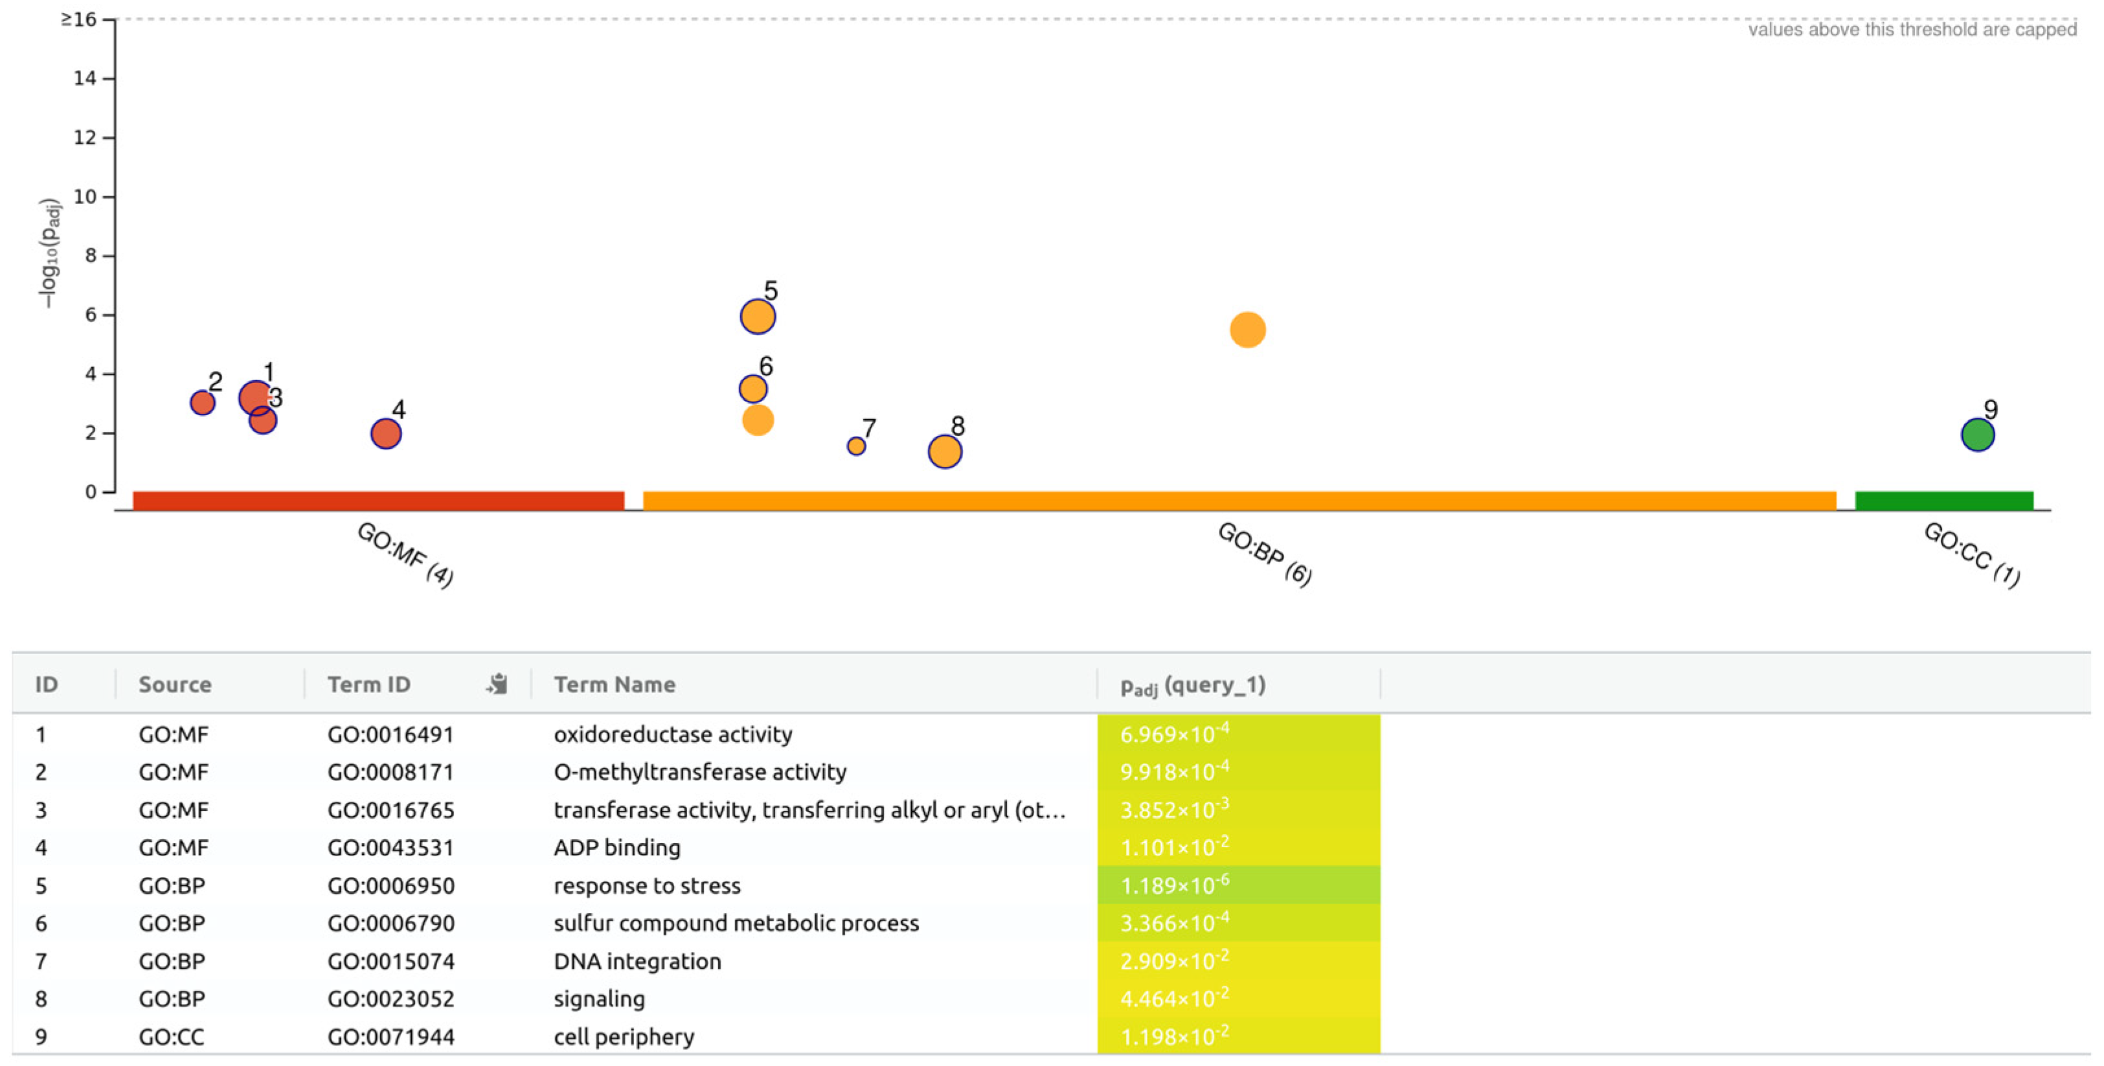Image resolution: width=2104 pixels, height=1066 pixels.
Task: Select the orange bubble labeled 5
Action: [x=757, y=316]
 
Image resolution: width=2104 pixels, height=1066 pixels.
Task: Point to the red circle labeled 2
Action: [x=202, y=403]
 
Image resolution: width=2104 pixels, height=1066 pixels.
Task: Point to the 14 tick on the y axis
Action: [x=85, y=78]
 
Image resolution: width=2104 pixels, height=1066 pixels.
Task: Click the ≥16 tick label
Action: [x=78, y=19]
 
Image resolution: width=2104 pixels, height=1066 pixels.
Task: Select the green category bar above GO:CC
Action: [x=1944, y=501]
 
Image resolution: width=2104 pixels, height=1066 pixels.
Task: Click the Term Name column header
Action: [x=614, y=685]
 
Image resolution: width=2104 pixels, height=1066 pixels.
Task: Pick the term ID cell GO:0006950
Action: [x=390, y=885]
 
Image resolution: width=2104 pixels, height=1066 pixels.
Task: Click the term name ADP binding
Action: [x=616, y=848]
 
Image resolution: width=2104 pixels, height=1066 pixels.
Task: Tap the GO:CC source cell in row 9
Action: [x=171, y=1037]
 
